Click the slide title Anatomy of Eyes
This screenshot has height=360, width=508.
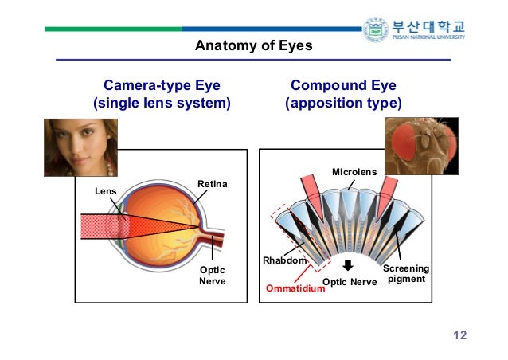coord(253,46)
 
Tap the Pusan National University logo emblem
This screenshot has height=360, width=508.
coord(374,29)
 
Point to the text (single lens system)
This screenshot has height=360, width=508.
coord(162,104)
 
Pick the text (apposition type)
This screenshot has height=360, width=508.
coord(343,104)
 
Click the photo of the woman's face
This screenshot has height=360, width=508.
coord(80,147)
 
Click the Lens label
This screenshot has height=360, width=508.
coord(105,191)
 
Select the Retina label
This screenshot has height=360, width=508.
coord(212,185)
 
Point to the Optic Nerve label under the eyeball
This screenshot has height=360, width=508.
coord(212,276)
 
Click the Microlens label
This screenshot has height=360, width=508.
coord(354,171)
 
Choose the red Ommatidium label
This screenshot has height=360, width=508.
coord(295,288)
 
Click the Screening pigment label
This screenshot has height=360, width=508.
coord(407,274)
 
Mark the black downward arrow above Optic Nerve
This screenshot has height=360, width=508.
coord(347,266)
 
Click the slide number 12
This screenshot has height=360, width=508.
coord(459,335)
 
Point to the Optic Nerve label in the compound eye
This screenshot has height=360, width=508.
coord(350,282)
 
